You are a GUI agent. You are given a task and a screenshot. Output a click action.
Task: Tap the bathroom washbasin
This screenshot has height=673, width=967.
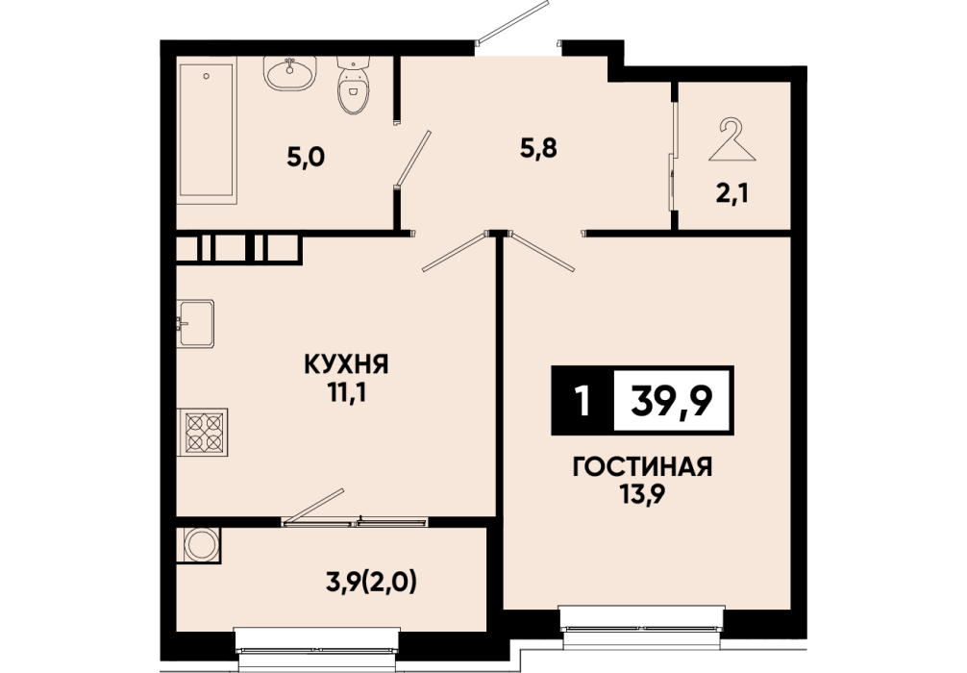290,73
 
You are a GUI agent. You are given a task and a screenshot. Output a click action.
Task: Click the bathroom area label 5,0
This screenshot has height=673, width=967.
306,158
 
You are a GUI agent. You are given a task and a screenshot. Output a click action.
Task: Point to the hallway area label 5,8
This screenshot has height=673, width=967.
538,148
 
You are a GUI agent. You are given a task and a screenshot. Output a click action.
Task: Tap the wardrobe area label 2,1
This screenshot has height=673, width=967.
732,194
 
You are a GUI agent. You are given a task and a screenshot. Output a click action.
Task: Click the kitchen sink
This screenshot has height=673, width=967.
195,323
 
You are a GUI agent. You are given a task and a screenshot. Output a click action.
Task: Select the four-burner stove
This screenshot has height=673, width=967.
202,432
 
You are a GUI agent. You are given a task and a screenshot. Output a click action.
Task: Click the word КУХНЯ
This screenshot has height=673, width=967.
347,364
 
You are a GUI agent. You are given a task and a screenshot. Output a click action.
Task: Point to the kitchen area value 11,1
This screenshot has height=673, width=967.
347,393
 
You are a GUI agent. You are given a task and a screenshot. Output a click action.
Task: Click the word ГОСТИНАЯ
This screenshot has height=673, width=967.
643,467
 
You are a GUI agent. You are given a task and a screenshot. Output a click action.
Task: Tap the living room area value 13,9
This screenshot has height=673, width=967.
643,495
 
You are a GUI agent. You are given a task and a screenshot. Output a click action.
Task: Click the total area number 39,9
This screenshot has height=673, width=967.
672,401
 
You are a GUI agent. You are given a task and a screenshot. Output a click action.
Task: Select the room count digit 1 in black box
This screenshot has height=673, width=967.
581,401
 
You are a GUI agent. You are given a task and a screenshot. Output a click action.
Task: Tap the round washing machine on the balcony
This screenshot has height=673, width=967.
199,545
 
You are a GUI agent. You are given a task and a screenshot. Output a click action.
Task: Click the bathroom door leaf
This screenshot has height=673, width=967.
413,158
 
